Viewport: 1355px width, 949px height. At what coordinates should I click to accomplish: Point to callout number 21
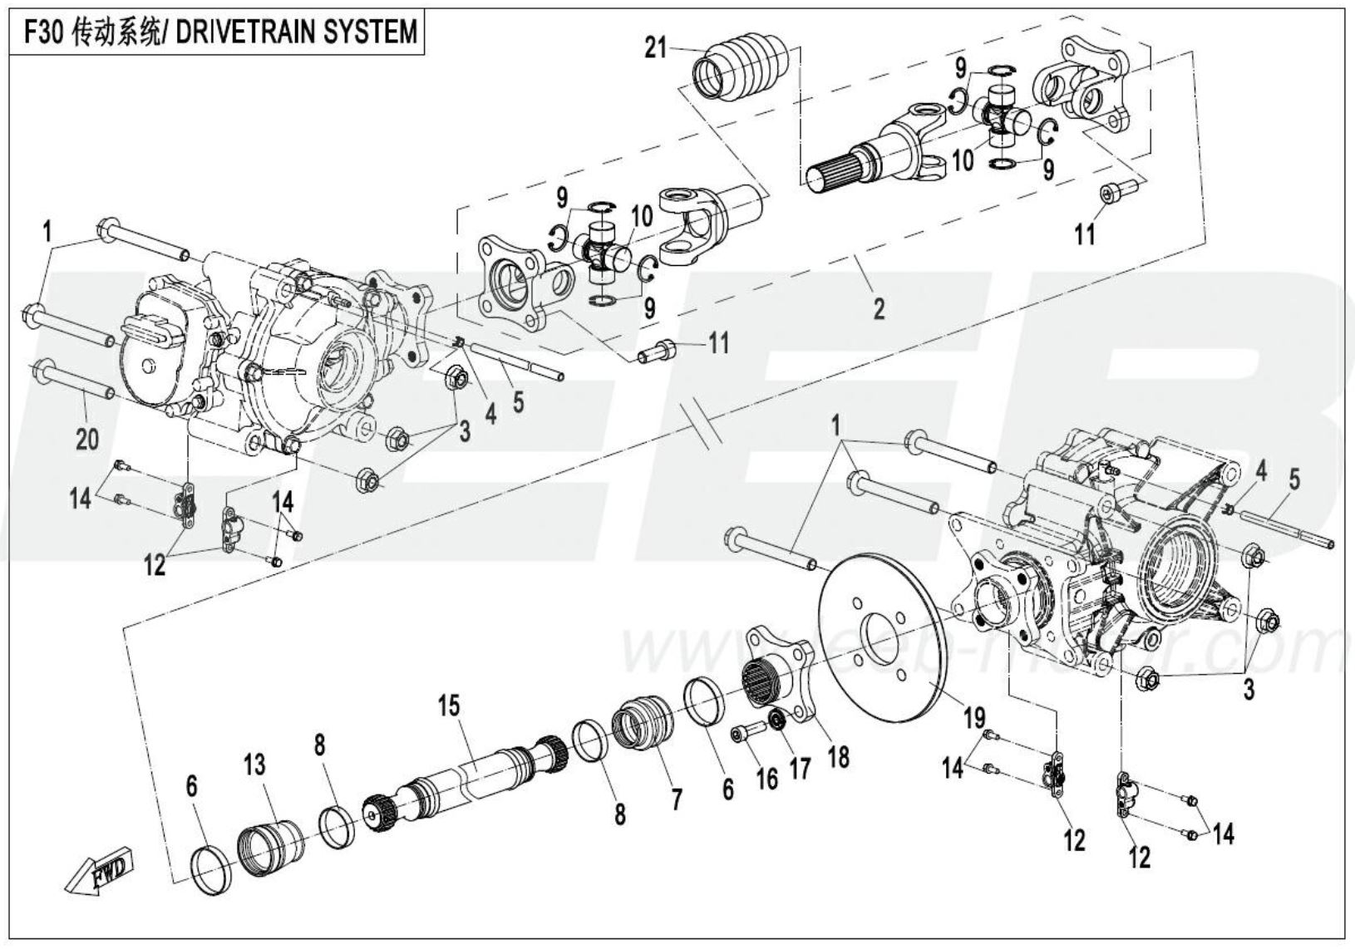pos(657,49)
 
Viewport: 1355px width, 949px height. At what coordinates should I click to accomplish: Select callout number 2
pos(879,308)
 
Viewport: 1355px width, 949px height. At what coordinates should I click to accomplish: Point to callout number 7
pos(677,799)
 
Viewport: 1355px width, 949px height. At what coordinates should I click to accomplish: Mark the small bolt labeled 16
pos(746,735)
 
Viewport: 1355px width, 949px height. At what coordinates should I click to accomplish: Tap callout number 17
pos(800,767)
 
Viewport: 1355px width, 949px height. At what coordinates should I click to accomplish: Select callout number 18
pos(839,755)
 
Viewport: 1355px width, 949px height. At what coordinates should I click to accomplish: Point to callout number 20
pos(87,438)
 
